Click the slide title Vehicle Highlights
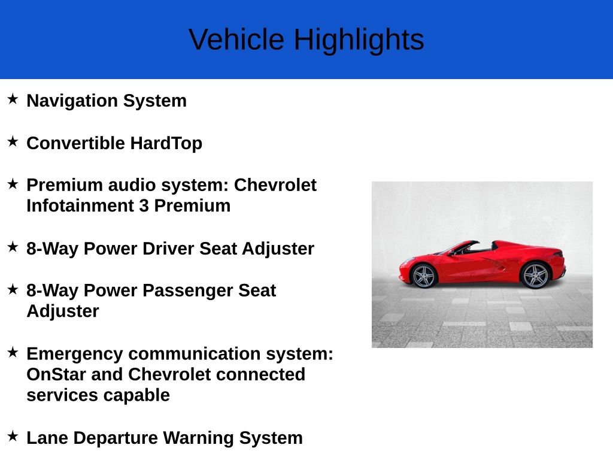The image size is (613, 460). coord(306,40)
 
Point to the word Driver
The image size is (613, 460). coord(168,249)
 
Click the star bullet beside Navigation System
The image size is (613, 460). coord(13,99)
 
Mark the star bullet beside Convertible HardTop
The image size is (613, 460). coord(13,142)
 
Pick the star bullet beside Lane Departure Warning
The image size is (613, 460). coord(13,436)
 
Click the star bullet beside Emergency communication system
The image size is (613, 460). coord(13,352)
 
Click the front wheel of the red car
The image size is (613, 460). coord(424,276)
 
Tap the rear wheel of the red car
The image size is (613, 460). coord(535,276)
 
